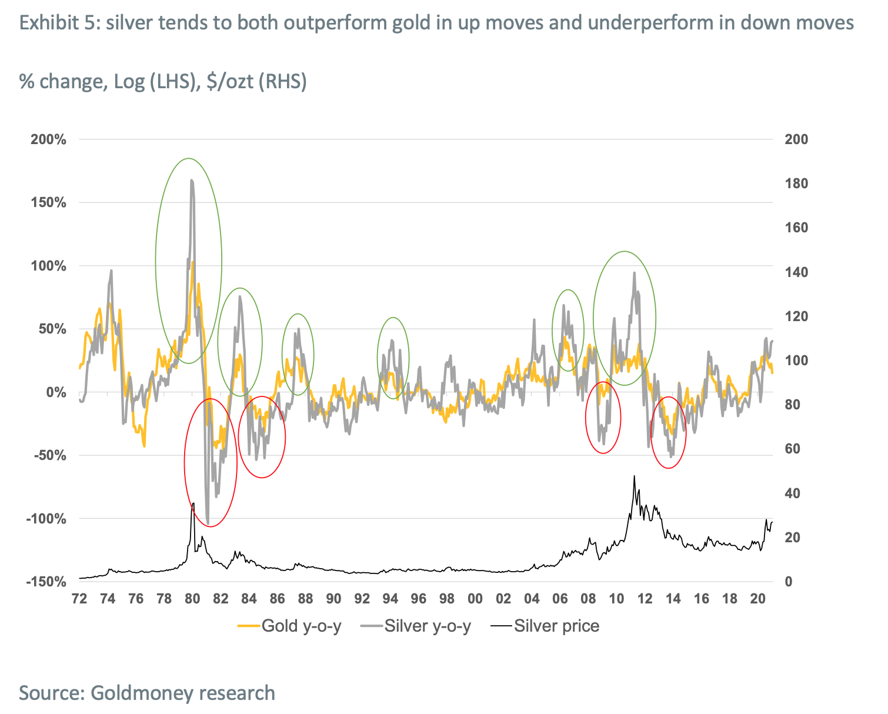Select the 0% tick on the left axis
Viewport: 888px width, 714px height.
tap(56, 392)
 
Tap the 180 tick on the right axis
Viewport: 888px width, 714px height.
tap(797, 183)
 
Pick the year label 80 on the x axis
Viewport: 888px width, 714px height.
tap(192, 599)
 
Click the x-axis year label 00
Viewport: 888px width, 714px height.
tap(475, 599)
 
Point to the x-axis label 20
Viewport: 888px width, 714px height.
tap(758, 599)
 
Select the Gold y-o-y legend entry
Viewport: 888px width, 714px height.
tap(289, 625)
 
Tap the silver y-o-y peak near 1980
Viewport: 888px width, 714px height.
tap(192, 181)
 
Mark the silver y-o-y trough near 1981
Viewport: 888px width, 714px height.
tap(208, 523)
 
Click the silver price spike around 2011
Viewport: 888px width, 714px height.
tap(634, 476)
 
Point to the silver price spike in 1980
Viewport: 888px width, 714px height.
tap(193, 503)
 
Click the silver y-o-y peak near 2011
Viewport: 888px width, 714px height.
tap(634, 273)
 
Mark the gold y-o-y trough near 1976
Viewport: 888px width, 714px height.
tap(143, 445)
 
